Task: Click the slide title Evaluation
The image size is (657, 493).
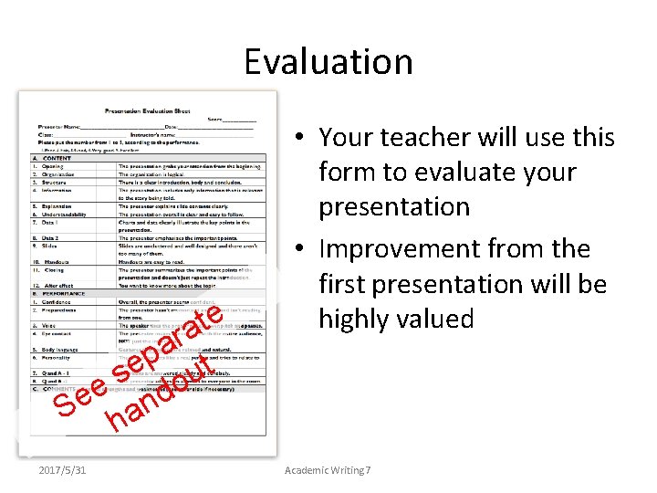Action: click(328, 62)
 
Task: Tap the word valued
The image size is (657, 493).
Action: click(435, 319)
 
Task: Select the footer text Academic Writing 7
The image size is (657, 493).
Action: click(328, 470)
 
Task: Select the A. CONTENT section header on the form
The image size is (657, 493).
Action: click(54, 159)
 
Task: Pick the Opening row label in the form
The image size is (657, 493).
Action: click(53, 167)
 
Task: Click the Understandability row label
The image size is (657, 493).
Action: click(65, 214)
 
